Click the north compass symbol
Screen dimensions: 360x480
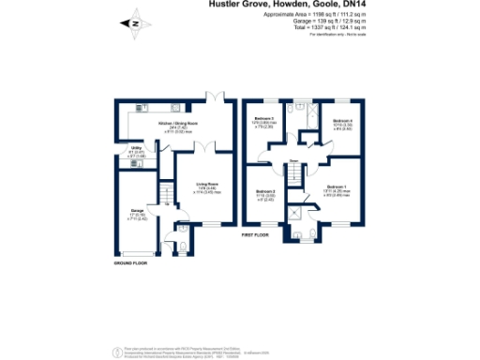coord(135,22)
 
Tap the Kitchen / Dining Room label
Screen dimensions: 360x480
coord(179,124)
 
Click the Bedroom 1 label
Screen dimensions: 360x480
coord(341,187)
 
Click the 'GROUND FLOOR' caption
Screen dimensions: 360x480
coord(130,263)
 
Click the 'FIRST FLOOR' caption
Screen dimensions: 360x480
coord(255,234)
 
